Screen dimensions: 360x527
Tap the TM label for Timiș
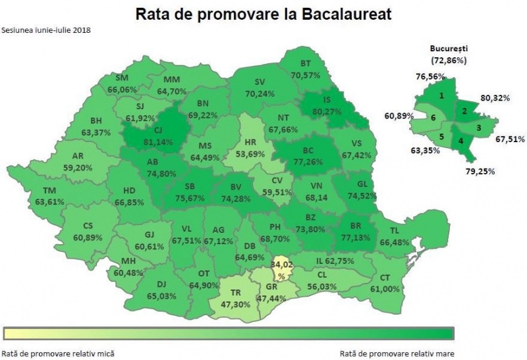[50, 191]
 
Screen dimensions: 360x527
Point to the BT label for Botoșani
[305, 63]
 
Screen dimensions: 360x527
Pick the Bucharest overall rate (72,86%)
[449, 61]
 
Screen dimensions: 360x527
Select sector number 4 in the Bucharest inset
[461, 141]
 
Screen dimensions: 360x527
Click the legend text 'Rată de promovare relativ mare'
[397, 353]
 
